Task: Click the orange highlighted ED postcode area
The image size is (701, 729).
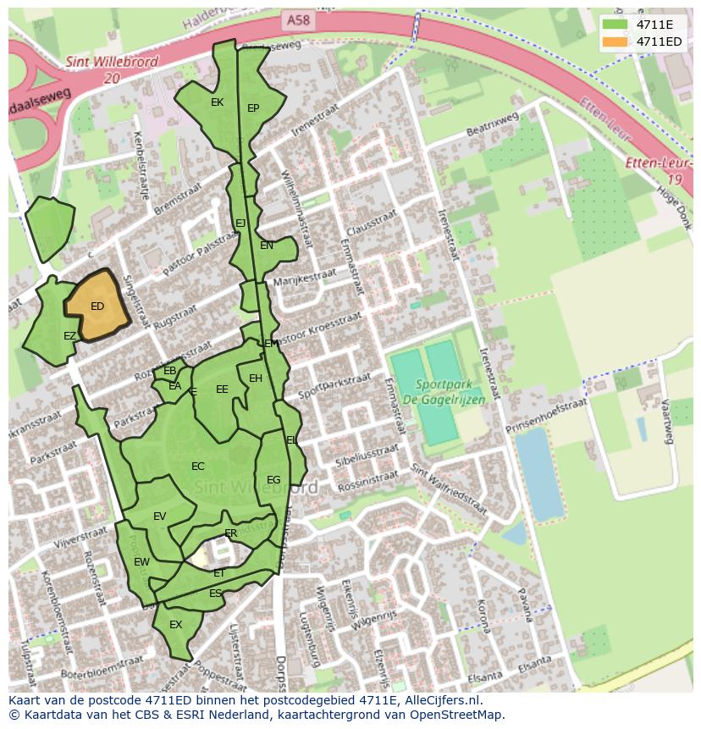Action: coord(97,307)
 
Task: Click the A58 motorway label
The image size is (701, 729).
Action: coord(298,18)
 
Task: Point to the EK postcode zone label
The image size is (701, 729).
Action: coord(217,102)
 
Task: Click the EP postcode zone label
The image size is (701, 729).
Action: coord(253,108)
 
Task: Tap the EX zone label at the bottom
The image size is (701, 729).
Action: coord(176,625)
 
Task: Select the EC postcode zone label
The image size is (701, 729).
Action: coord(198,467)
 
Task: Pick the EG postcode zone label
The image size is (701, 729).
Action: coord(273,480)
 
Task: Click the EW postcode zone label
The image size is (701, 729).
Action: coord(141,561)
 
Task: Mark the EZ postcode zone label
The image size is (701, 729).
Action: coord(70,336)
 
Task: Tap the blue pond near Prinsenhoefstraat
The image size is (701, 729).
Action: coord(538,473)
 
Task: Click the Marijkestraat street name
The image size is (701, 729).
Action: coord(304,278)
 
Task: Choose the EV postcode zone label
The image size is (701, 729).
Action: coord(159,516)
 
